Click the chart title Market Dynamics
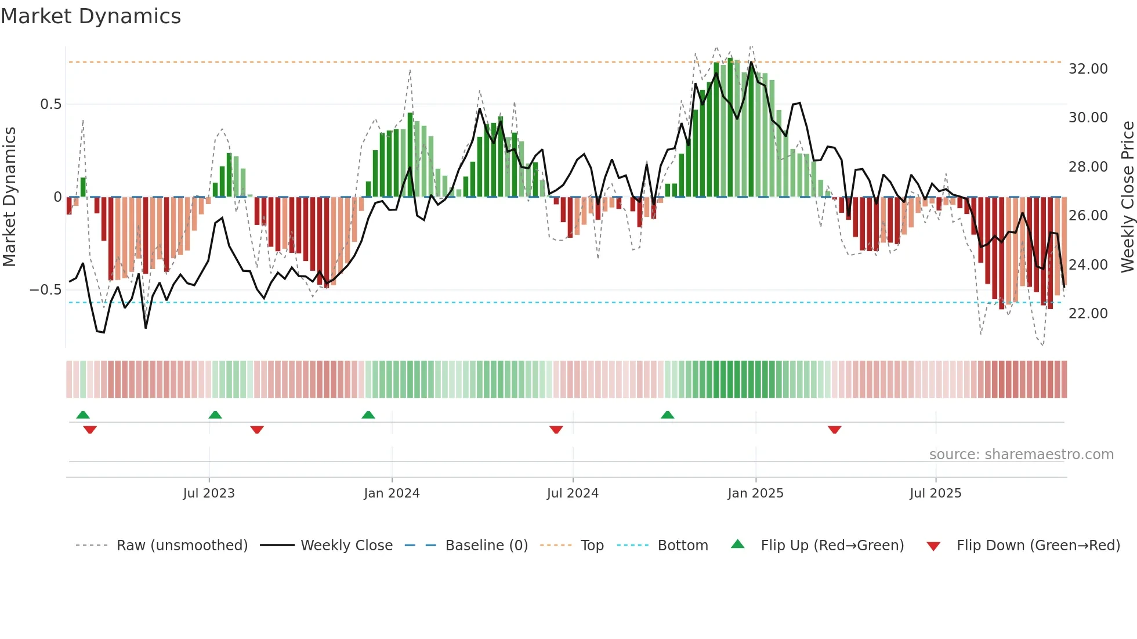[x=91, y=16]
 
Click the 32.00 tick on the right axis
[x=1088, y=69]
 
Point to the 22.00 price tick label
[x=1088, y=314]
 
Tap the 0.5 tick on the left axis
[x=50, y=104]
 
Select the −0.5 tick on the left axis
[x=46, y=290]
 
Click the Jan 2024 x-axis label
[x=392, y=493]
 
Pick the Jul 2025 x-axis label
[x=935, y=493]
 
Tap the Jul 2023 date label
[x=209, y=493]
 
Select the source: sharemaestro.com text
[x=1021, y=455]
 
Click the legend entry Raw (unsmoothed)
[x=182, y=546]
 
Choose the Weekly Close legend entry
[x=346, y=546]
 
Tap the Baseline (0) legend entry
[x=486, y=546]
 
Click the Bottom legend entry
[x=682, y=546]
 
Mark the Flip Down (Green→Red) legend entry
[x=1038, y=546]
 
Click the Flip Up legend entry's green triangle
[x=737, y=544]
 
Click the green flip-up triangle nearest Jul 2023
[x=215, y=415]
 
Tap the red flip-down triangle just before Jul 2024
[x=556, y=430]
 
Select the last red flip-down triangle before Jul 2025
[x=834, y=430]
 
